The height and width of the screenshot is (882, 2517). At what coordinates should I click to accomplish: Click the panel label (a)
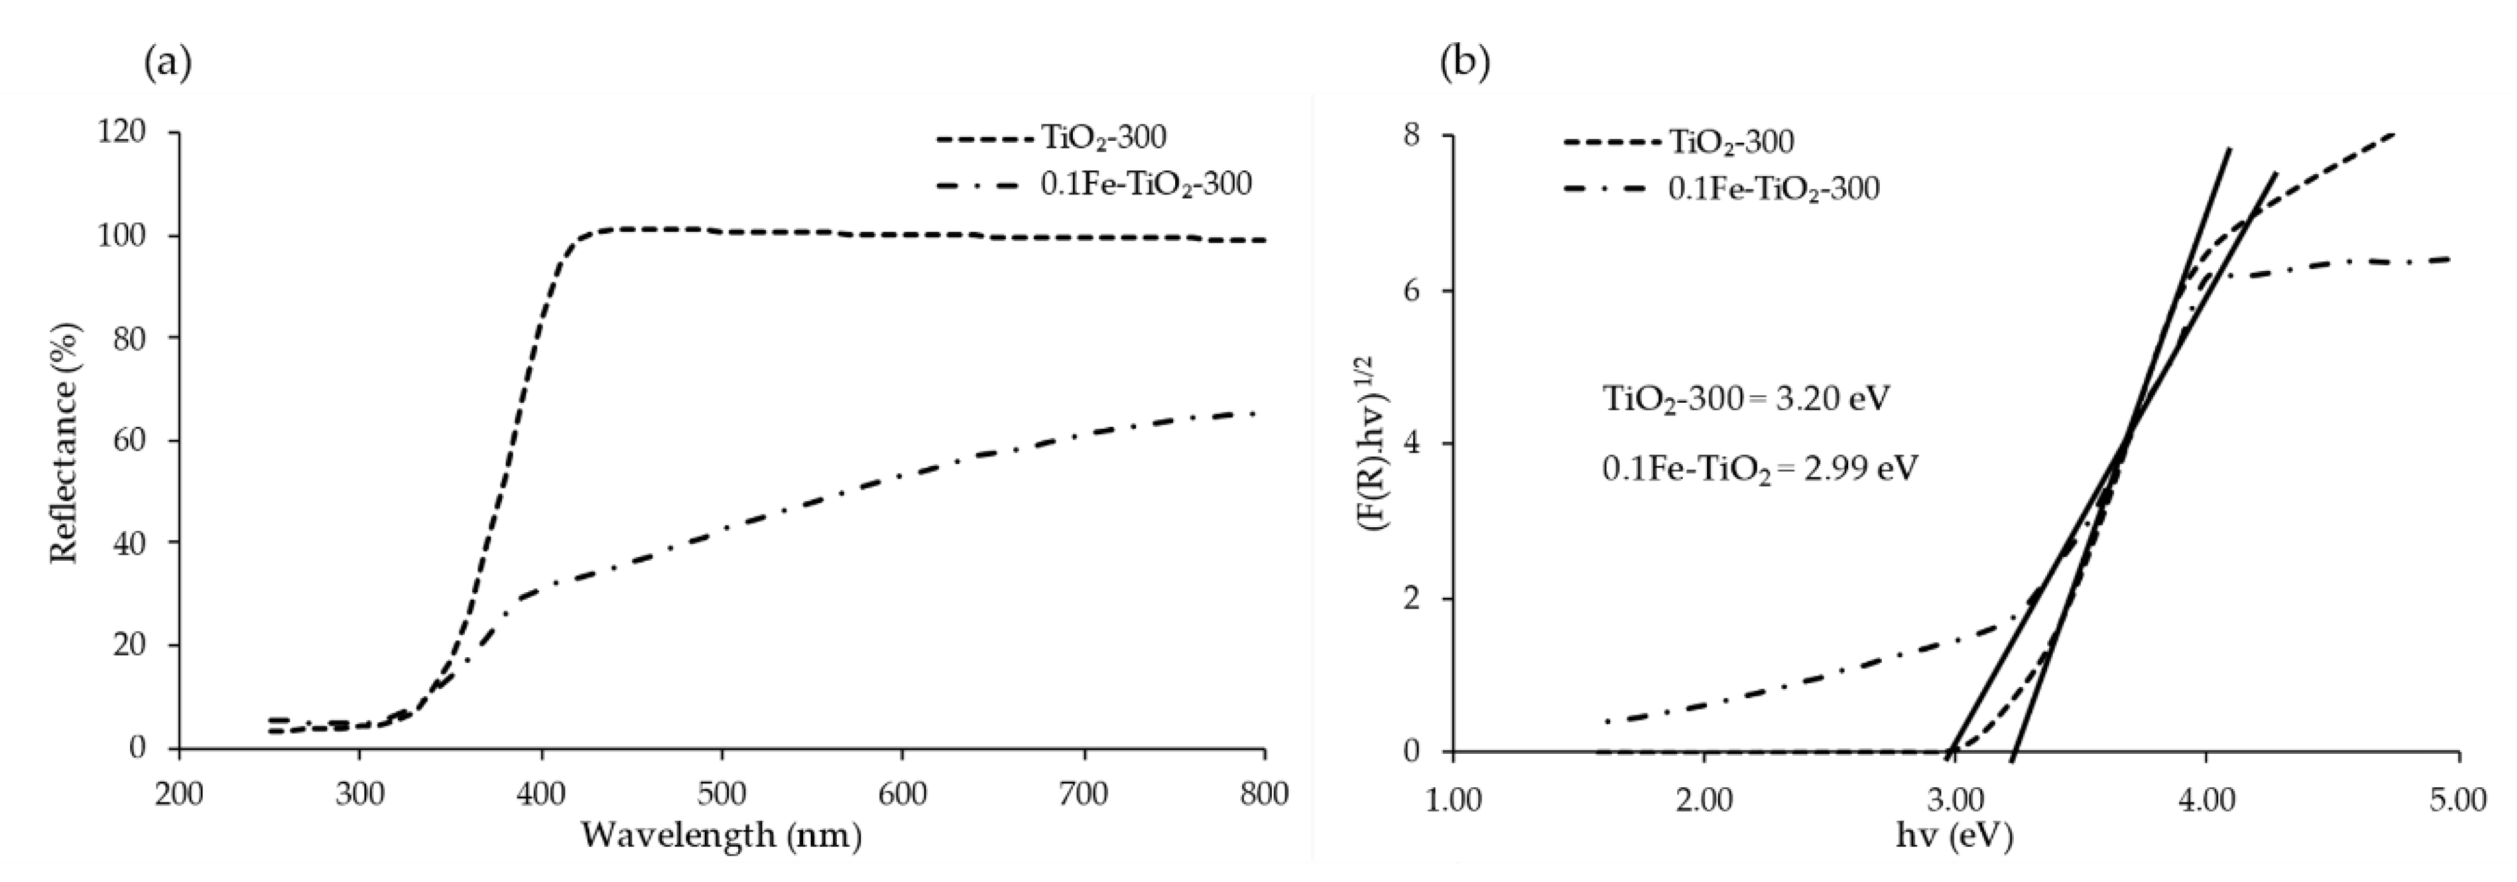pyautogui.click(x=167, y=64)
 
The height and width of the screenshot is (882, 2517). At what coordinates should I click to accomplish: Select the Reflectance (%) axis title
pyautogui.click(x=64, y=443)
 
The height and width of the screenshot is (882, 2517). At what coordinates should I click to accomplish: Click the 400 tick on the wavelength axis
pyautogui.click(x=541, y=794)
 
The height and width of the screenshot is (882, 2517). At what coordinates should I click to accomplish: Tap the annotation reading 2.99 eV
pyautogui.click(x=1759, y=469)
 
